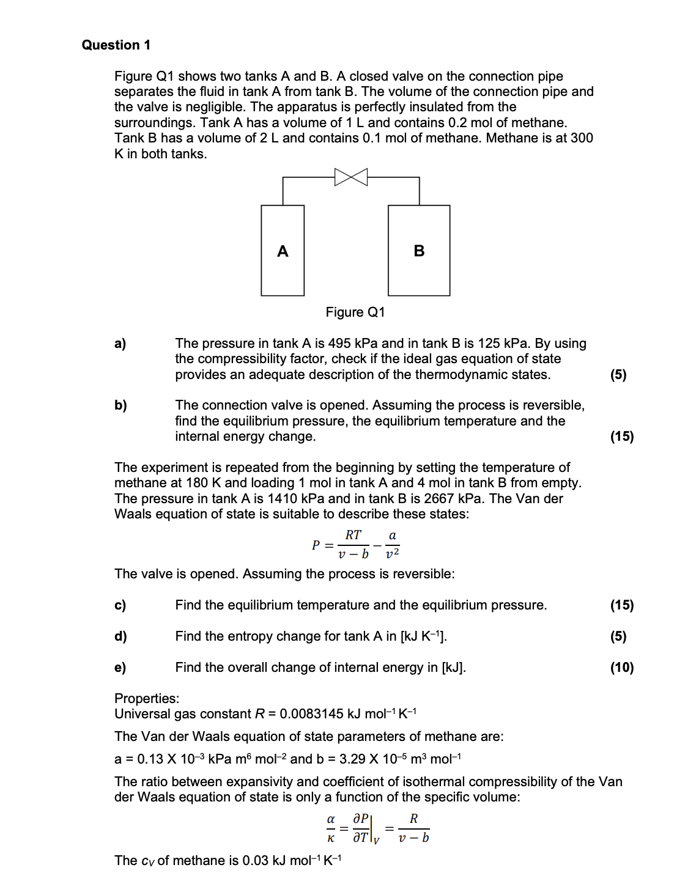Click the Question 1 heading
coord(116,45)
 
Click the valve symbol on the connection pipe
coord(351,177)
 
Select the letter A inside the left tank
coord(283,251)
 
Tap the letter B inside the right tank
coord(419,251)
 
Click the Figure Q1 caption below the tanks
coord(355,312)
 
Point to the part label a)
coord(120,344)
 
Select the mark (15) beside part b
coord(621,436)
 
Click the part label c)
coord(120,605)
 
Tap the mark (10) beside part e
coord(621,668)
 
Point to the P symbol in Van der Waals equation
coord(316,545)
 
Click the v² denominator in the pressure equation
coord(392,554)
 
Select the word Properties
coord(146,699)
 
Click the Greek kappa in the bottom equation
coord(330,838)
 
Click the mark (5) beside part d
coord(618,636)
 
